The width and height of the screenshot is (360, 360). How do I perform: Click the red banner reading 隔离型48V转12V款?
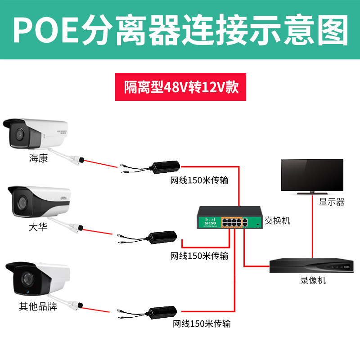(180, 87)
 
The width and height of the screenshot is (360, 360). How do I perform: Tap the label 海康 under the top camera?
(38, 158)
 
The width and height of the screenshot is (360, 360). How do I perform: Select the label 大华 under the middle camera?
(38, 228)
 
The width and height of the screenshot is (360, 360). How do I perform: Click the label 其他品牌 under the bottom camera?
(38, 307)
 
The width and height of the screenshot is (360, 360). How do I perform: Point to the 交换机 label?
(277, 220)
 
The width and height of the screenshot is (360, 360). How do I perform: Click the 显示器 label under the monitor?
(332, 202)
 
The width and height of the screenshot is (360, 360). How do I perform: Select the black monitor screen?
(312, 175)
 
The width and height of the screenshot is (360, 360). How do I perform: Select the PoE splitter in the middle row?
(162, 238)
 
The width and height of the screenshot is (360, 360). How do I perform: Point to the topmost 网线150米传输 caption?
(198, 181)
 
